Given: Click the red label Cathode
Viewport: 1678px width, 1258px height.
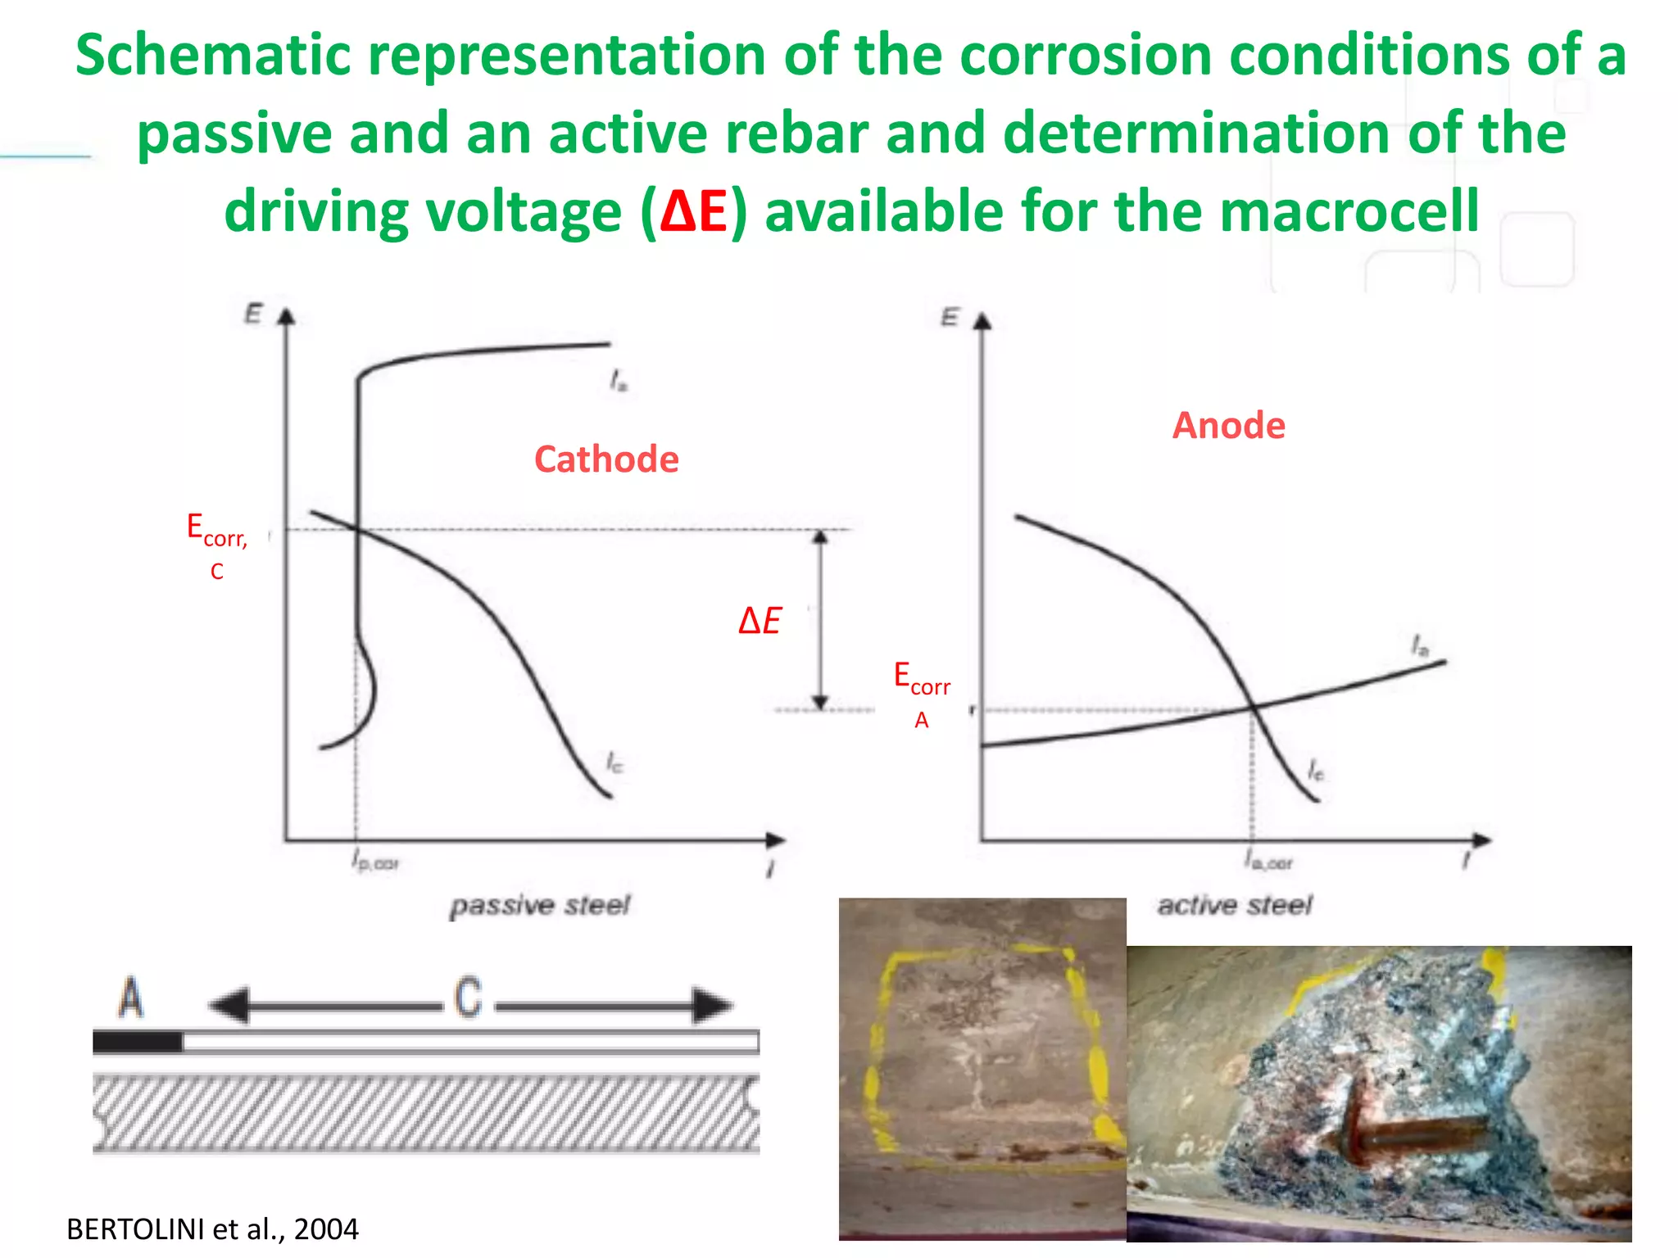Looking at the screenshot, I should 606,459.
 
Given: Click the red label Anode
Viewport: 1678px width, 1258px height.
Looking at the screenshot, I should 1228,425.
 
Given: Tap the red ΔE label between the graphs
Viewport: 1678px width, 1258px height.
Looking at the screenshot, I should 760,621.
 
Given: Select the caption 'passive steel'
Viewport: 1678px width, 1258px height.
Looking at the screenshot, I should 540,905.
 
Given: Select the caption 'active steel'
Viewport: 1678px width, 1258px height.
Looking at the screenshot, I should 1235,905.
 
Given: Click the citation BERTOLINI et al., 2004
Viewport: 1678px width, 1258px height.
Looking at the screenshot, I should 212,1229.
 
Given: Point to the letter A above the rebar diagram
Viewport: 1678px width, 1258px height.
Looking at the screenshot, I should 131,998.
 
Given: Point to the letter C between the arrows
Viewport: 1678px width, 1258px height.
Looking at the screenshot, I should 468,998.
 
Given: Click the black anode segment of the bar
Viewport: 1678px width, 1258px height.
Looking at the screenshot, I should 138,1042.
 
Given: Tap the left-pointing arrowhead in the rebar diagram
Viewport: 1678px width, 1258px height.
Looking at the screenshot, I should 229,1005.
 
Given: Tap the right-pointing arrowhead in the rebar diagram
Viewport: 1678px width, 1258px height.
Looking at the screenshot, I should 711,1005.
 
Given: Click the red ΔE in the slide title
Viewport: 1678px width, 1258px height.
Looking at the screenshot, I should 693,211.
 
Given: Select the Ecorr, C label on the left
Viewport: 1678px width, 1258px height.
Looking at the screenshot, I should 216,545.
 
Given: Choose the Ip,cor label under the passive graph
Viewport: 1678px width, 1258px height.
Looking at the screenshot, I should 375,862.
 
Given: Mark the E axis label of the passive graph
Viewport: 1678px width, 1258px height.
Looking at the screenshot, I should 254,314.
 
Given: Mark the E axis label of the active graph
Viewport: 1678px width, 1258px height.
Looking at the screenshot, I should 950,317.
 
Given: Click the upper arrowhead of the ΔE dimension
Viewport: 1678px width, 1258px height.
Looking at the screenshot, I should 820,537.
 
